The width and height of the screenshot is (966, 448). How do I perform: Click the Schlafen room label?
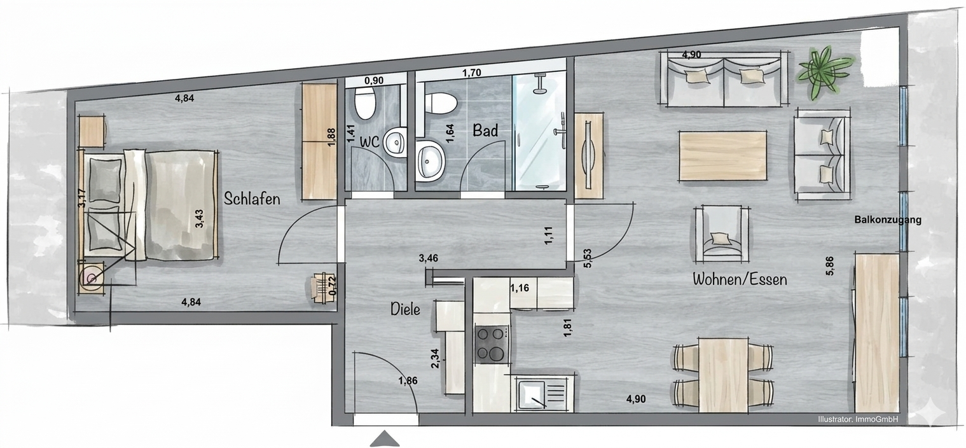click(x=252, y=199)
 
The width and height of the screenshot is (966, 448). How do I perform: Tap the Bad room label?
click(x=485, y=130)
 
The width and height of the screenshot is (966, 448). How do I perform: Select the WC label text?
click(x=369, y=141)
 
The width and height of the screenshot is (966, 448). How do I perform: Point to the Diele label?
click(x=405, y=309)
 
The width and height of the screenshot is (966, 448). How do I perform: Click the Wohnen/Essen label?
click(x=740, y=279)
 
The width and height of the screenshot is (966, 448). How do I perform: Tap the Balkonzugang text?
click(x=888, y=220)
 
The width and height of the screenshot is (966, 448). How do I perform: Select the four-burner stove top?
click(x=491, y=344)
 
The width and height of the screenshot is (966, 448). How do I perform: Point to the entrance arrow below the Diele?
click(x=385, y=438)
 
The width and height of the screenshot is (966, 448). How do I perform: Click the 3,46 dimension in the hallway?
click(x=428, y=258)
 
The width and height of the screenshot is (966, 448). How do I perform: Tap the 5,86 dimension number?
click(x=830, y=265)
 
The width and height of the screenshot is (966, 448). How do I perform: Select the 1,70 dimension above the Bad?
click(x=471, y=73)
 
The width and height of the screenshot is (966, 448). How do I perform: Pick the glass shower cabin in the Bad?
click(x=539, y=132)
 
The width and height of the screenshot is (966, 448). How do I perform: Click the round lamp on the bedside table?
click(x=92, y=278)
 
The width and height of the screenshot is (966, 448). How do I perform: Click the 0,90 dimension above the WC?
click(x=373, y=81)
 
